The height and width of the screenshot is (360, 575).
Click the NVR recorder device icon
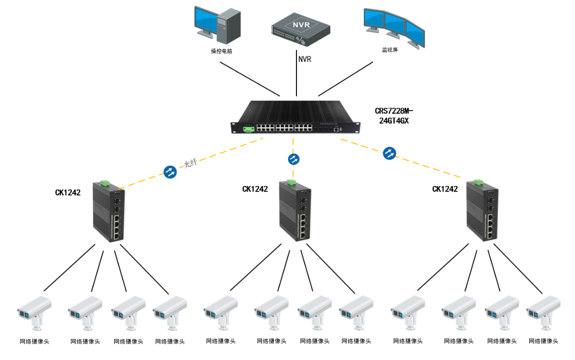(x=300, y=29)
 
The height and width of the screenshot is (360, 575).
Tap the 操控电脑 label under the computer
(x=222, y=51)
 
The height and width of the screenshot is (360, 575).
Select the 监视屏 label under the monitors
(x=390, y=50)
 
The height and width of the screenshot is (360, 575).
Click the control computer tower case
(x=229, y=26)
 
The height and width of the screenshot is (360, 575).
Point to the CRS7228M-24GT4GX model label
(x=394, y=116)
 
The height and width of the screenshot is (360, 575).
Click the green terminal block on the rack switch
(x=249, y=129)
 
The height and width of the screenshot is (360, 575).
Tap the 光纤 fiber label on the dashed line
(x=190, y=163)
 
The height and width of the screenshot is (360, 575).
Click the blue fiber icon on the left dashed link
(x=170, y=172)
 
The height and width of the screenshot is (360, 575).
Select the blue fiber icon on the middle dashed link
(x=293, y=159)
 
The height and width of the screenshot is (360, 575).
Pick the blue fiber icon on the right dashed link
(x=390, y=153)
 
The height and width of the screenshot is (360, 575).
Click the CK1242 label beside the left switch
(x=68, y=192)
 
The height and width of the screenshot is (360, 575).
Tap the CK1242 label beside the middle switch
(x=255, y=189)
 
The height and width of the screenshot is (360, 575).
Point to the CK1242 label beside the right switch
(x=445, y=189)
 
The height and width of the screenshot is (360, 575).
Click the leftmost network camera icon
(x=35, y=313)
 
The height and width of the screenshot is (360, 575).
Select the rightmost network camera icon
(x=544, y=313)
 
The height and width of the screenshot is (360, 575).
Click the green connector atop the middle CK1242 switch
(x=291, y=182)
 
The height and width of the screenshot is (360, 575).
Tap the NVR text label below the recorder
(x=305, y=59)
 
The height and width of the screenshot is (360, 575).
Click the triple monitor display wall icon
(x=394, y=28)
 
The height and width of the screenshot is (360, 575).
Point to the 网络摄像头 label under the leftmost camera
(x=34, y=342)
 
